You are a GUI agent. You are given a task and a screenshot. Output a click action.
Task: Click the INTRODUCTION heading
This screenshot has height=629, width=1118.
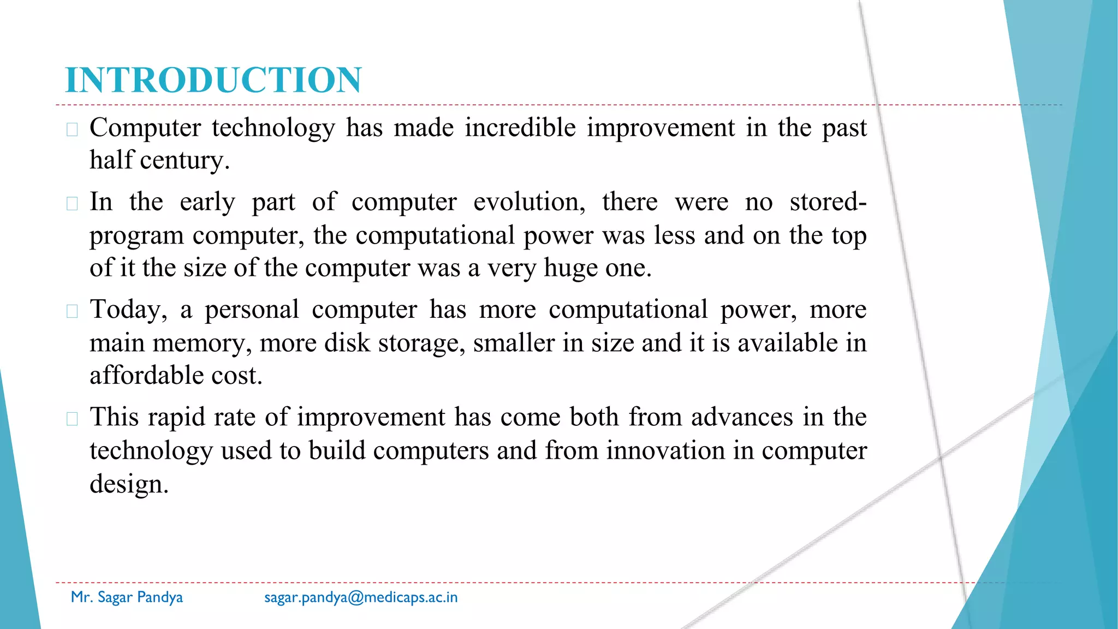tap(213, 80)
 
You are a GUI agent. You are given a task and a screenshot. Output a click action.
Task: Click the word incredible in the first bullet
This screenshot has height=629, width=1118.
tap(520, 128)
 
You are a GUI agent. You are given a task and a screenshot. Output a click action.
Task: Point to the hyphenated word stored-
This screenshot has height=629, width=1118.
tap(828, 202)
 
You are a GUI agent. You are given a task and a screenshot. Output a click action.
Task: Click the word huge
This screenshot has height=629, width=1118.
tap(570, 269)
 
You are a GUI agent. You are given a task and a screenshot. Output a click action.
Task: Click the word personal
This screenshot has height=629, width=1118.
tap(252, 310)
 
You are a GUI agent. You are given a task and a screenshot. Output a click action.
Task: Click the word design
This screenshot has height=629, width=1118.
tap(129, 484)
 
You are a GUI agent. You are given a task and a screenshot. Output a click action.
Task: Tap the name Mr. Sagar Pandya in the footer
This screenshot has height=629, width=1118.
tap(127, 597)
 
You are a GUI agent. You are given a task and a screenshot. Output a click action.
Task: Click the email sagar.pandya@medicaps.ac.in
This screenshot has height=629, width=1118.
tap(361, 597)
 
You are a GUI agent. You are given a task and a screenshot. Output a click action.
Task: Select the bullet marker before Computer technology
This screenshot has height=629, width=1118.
tap(72, 129)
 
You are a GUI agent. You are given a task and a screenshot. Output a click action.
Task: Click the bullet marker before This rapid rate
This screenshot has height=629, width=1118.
tap(72, 419)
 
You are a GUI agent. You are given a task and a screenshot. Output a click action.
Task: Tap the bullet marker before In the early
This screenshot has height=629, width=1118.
tap(72, 204)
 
